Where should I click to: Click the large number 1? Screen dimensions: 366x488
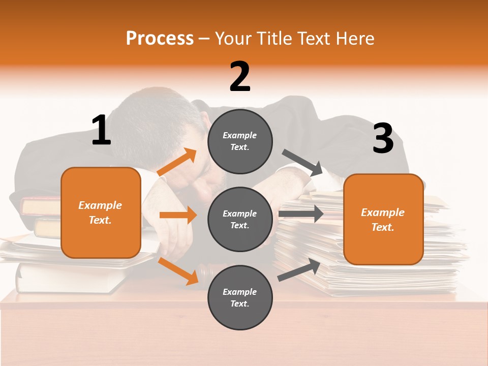[101, 131]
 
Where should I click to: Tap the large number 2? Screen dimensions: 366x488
[240, 77]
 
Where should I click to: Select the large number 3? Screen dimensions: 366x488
[383, 139]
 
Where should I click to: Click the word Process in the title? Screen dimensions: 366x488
[160, 38]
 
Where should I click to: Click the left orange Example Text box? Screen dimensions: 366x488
[101, 212]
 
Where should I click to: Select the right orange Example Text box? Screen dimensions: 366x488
[383, 220]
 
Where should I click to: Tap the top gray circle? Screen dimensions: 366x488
[240, 141]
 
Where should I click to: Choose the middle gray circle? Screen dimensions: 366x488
[240, 219]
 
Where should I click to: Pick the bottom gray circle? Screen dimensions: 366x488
[240, 297]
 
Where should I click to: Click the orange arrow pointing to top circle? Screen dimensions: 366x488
[177, 163]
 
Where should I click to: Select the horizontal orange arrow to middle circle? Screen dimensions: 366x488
[178, 215]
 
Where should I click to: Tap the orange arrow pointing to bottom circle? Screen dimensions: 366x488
[178, 270]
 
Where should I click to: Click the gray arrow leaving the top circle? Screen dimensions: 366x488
[302, 163]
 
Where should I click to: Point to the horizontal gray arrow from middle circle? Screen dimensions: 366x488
[301, 213]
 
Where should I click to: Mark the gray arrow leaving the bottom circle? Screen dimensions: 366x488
[300, 269]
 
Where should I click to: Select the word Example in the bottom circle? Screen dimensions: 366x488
[240, 292]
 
